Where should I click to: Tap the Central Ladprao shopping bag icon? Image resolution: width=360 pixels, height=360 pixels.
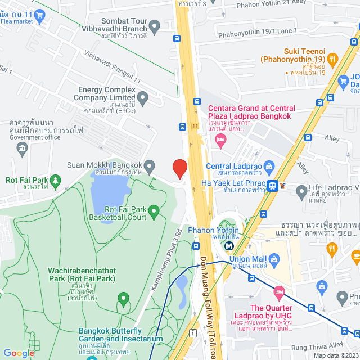(269, 166)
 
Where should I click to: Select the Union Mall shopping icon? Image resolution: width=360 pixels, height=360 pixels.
(274, 259)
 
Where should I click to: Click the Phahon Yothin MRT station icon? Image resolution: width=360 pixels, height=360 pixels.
(229, 245)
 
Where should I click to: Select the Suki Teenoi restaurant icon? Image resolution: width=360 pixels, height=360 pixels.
(332, 58)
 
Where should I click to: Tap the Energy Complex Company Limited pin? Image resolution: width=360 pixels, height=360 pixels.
(143, 100)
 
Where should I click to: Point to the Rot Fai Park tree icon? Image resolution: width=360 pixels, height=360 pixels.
(55, 180)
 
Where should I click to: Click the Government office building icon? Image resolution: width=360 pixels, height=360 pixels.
(22, 148)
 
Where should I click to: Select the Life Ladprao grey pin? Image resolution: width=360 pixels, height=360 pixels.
(302, 190)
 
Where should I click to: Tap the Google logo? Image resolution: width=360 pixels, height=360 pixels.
(19, 353)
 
